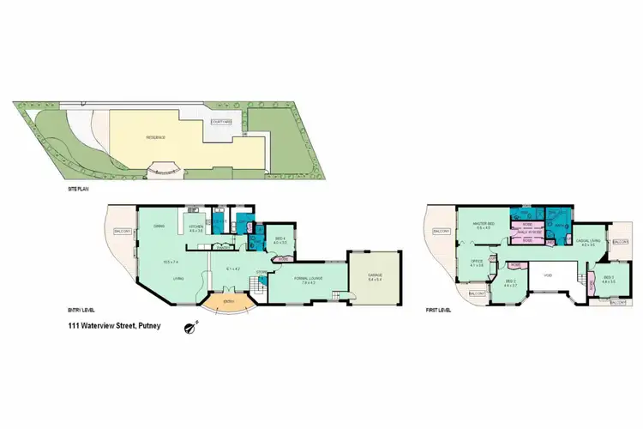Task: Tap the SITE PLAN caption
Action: point(79,188)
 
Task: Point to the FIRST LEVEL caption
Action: point(437,309)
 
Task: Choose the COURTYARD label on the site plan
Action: point(221,122)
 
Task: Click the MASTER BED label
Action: point(483,225)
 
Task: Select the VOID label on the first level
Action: point(547,276)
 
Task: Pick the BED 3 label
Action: point(608,277)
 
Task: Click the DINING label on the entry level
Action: point(159,226)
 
